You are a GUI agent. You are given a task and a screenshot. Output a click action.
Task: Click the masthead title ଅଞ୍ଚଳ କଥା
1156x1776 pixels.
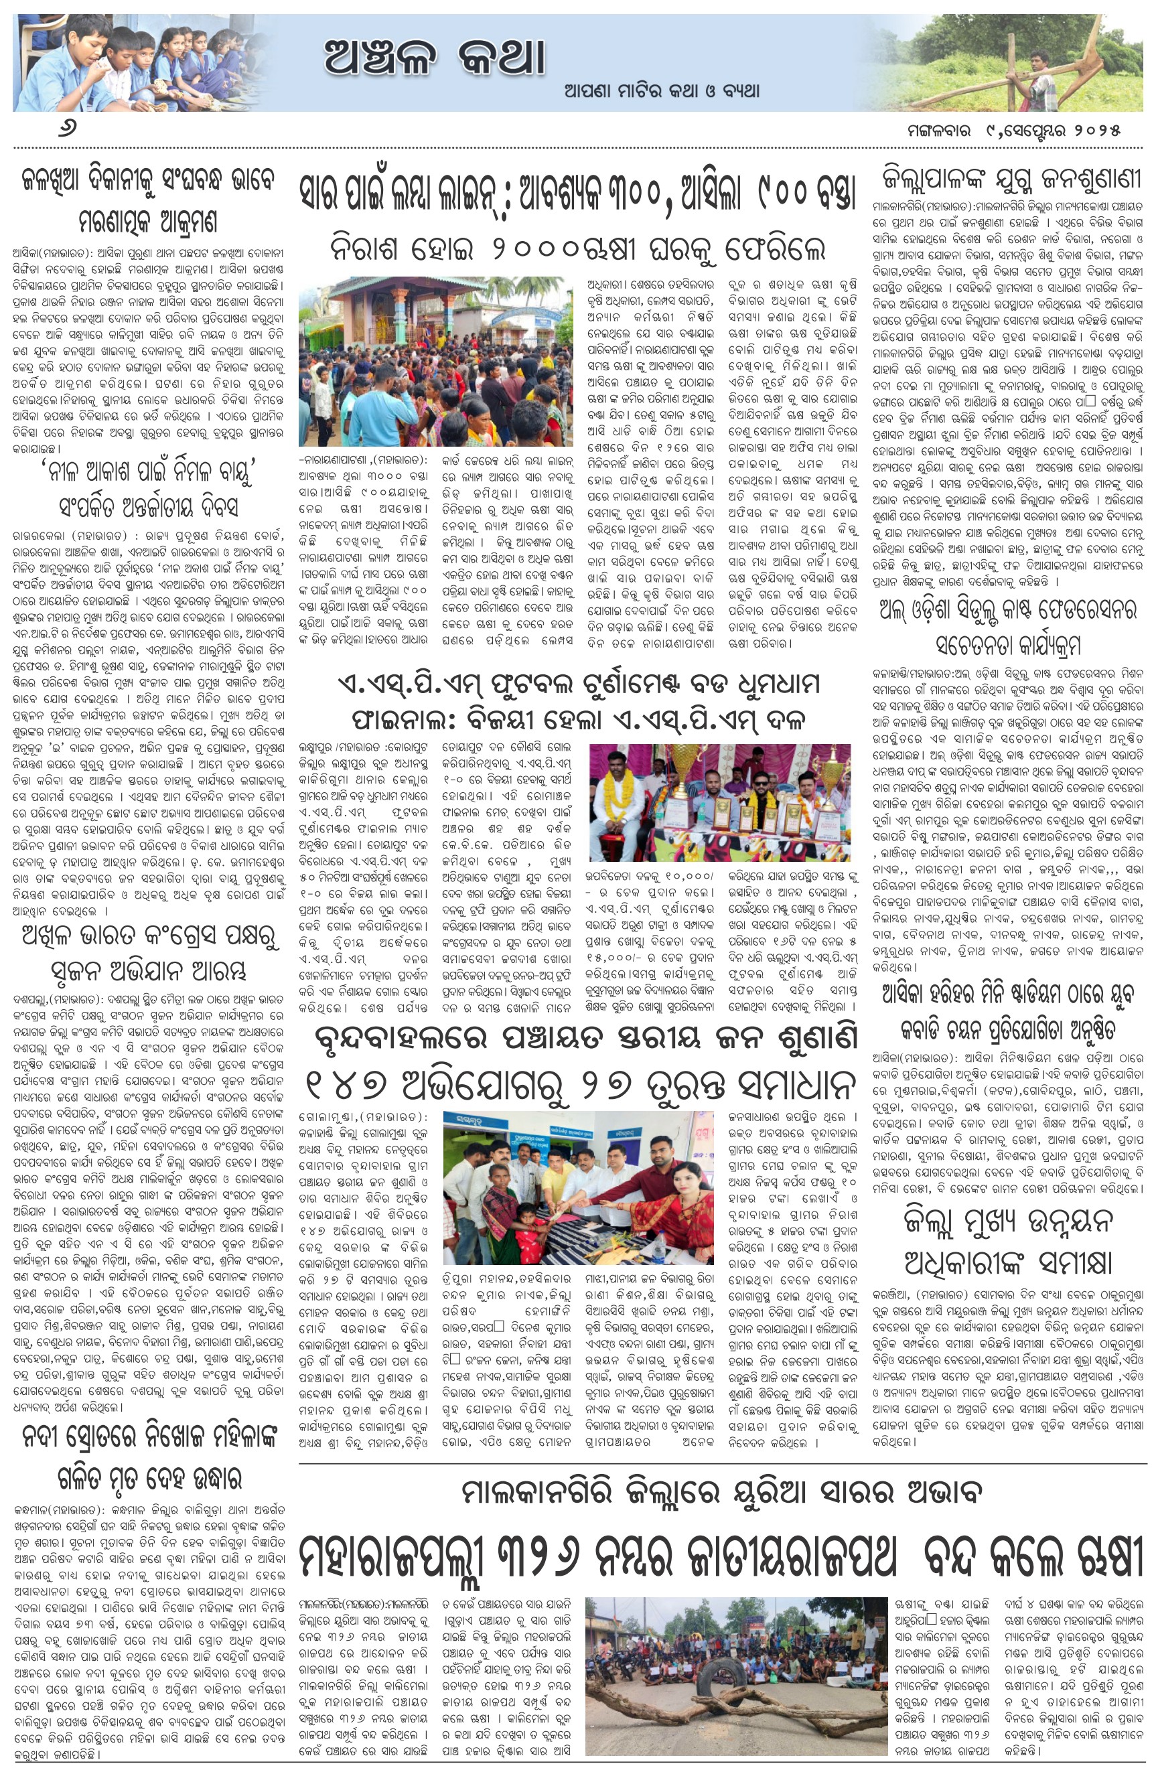click(435, 58)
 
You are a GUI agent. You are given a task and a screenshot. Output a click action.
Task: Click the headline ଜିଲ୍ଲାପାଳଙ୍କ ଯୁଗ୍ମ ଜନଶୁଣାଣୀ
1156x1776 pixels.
click(1011, 180)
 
